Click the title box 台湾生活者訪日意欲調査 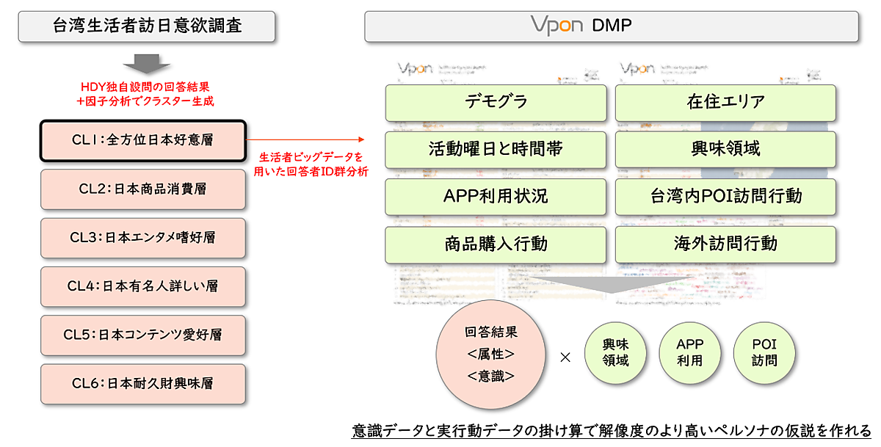pos(147,26)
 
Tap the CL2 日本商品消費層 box pos(142,188)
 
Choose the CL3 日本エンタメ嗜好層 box pos(142,237)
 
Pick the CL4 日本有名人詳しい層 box pos(142,286)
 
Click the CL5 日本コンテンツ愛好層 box pos(142,334)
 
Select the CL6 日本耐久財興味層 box pos(142,382)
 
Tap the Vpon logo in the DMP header pos(556,26)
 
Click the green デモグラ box pos(496,103)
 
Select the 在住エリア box pos(725,103)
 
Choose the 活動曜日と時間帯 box pos(496,150)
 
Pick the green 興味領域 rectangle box pos(725,150)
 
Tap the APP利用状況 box pos(496,197)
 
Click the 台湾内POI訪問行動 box pos(725,197)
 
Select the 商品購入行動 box pos(496,244)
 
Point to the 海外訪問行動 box pos(725,244)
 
